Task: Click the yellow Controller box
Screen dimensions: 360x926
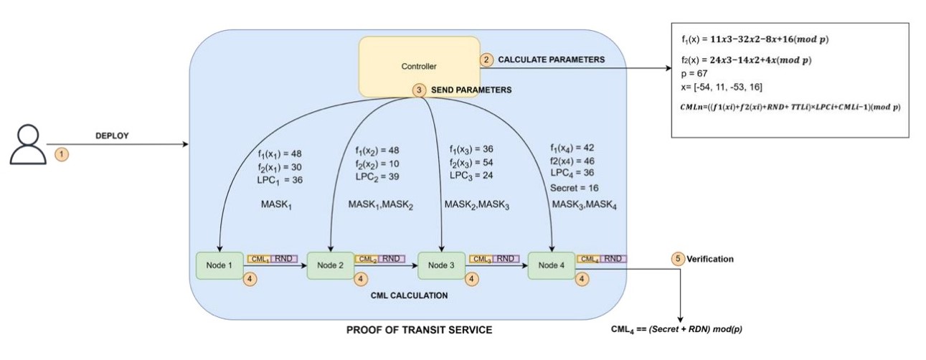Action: [419, 67]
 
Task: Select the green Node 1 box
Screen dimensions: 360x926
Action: [220, 265]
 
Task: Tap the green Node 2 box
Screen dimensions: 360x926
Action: [331, 265]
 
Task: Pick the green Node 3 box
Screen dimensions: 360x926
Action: [441, 265]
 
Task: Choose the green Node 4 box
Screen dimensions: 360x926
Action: [552, 265]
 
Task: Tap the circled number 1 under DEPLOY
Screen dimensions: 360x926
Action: [62, 153]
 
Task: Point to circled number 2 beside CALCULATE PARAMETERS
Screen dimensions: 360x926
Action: [487, 60]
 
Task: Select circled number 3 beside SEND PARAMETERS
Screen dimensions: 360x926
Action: [420, 91]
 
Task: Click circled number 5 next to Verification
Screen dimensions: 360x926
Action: [678, 258]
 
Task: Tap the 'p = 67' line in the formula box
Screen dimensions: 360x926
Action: [694, 73]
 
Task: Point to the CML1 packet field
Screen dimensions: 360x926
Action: [258, 258]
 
